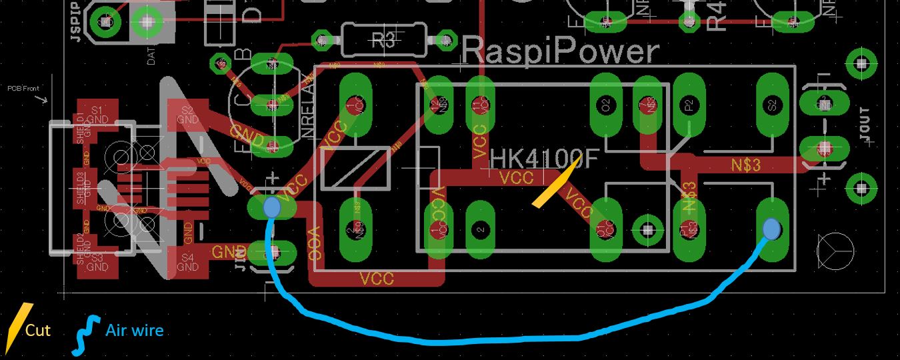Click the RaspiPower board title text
(560, 51)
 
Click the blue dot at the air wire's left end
(271, 207)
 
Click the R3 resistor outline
(383, 40)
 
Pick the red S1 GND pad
(97, 115)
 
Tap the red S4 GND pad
(188, 262)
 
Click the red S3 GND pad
(97, 262)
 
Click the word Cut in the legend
(38, 330)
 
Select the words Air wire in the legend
(134, 330)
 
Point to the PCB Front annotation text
(23, 88)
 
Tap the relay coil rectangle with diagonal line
(355, 167)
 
